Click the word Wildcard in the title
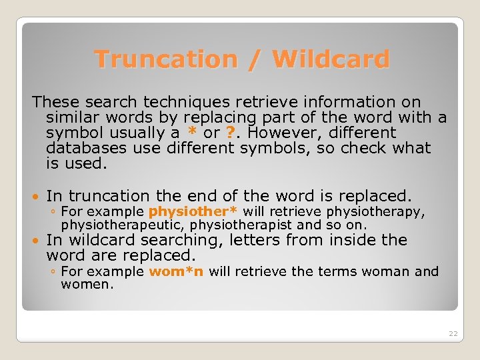pyautogui.click(x=331, y=59)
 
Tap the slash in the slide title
pyautogui.click(x=254, y=59)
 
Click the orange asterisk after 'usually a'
pyautogui.click(x=192, y=133)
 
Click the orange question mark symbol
pyautogui.click(x=230, y=133)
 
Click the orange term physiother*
pyautogui.click(x=193, y=212)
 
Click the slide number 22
pyautogui.click(x=453, y=333)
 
